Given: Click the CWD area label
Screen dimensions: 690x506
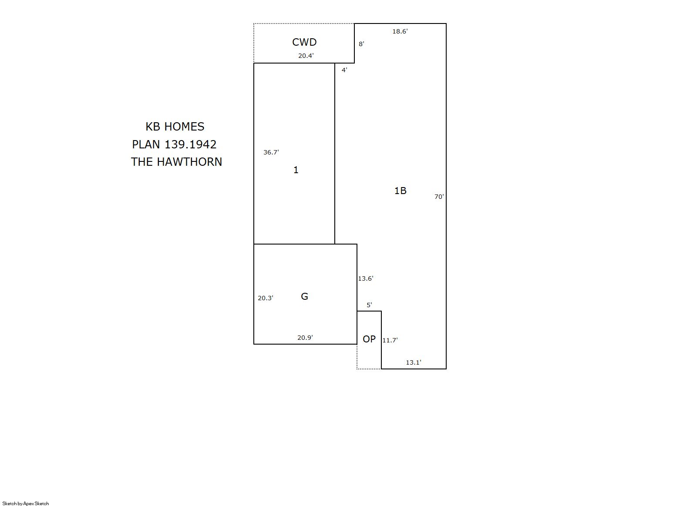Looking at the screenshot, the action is (304, 42).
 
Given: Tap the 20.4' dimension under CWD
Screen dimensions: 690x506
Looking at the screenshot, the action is (306, 56).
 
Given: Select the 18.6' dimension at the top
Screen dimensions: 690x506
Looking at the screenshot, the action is (400, 31).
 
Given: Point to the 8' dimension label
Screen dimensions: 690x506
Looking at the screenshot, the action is (361, 44).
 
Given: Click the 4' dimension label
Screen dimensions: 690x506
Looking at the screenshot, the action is (344, 70).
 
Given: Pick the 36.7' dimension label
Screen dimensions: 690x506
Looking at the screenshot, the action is (271, 152).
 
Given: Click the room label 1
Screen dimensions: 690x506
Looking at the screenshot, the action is (296, 170).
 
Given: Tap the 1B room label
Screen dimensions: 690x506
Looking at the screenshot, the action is (401, 191).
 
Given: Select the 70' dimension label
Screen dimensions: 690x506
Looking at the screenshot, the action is (439, 197).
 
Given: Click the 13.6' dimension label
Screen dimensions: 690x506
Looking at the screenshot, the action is (366, 278).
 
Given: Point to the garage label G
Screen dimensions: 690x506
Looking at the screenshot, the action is (304, 296).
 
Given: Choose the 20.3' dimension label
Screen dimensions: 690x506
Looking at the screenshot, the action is (266, 298).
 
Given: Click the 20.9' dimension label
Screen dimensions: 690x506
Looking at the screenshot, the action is (305, 338).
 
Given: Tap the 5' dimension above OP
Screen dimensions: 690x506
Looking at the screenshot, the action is (369, 305).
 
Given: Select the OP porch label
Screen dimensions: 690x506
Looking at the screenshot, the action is (369, 339).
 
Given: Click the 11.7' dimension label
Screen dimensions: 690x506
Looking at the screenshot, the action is (390, 340).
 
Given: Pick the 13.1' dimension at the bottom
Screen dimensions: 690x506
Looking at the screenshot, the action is (414, 362).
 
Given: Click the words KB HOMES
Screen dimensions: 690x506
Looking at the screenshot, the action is (175, 127).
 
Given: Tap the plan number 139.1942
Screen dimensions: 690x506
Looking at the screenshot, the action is (190, 144).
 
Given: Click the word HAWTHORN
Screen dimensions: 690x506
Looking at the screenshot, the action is (189, 162).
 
